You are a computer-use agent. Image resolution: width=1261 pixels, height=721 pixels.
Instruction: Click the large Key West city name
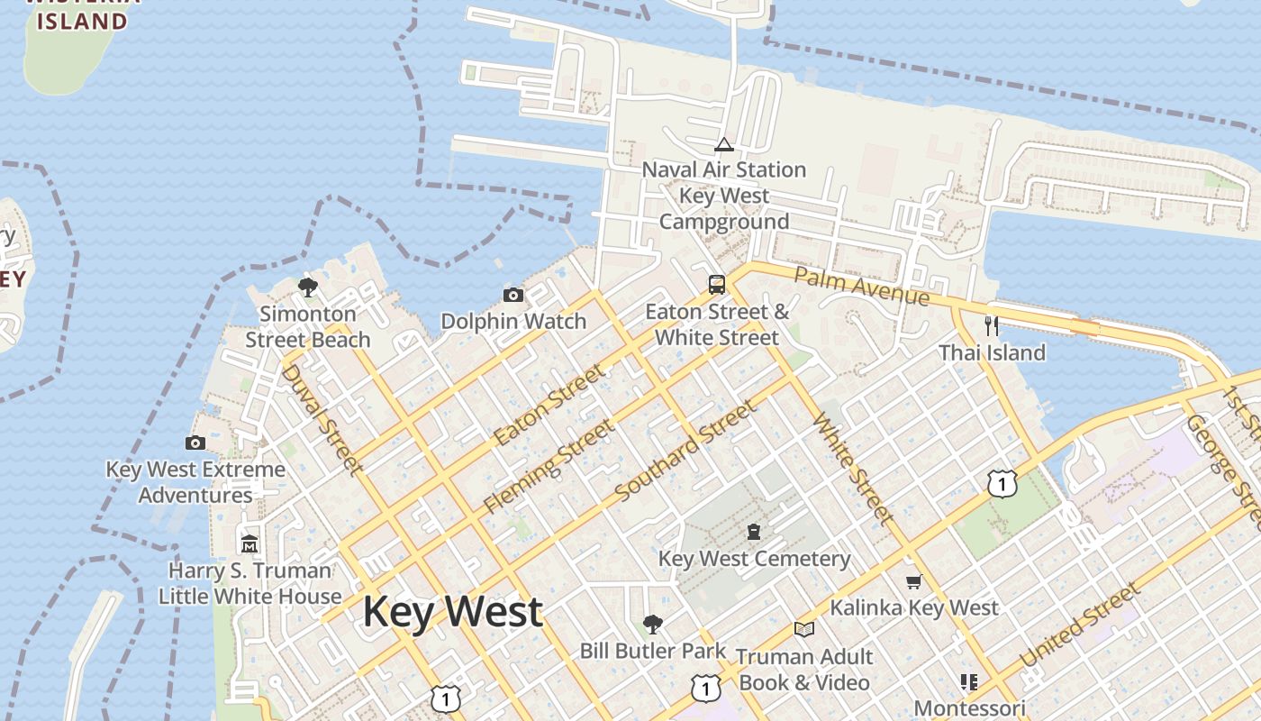click(452, 612)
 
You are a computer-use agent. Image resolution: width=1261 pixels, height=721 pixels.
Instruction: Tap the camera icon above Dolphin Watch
click(513, 295)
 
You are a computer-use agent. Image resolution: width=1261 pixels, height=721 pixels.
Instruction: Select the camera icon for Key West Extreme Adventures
click(195, 443)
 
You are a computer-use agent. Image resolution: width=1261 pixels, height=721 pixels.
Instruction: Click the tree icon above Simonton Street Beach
click(308, 287)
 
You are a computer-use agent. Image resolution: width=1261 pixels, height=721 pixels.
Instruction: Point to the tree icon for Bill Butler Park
click(653, 624)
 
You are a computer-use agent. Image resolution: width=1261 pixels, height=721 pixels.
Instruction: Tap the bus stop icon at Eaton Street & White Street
click(717, 285)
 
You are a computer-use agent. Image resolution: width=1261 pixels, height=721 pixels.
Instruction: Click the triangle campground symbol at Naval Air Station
click(724, 144)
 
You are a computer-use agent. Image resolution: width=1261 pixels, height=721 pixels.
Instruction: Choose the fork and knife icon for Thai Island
click(992, 325)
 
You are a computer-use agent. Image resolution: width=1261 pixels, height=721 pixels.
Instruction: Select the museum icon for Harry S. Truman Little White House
click(249, 543)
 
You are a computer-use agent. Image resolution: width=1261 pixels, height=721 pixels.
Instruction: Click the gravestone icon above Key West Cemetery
click(754, 532)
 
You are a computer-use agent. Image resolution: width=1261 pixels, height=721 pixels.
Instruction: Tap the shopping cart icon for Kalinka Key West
click(914, 582)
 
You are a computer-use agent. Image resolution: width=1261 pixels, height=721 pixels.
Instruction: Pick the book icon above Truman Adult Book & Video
click(804, 629)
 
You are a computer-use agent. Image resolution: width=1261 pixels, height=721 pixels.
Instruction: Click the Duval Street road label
click(322, 419)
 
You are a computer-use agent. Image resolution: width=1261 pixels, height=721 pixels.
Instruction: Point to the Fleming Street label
click(549, 467)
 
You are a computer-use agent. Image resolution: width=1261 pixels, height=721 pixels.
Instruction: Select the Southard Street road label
click(686, 452)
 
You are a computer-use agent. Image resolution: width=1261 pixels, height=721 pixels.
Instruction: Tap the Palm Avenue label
click(861, 286)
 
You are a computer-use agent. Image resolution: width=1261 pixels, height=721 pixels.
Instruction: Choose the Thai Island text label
click(992, 352)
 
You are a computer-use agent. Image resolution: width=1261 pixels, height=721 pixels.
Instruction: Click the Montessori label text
click(970, 708)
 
